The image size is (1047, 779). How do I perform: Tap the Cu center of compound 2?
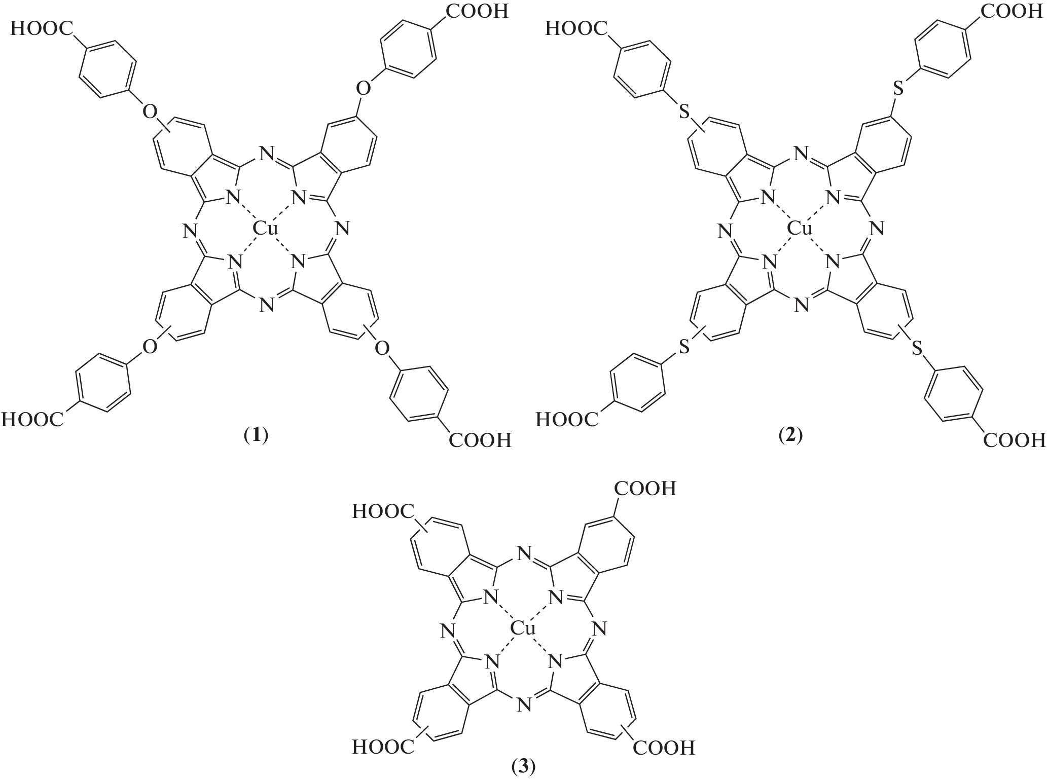(800, 229)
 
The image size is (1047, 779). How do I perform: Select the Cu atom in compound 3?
(523, 629)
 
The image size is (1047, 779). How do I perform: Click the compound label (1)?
(256, 435)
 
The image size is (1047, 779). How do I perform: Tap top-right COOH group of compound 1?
(477, 11)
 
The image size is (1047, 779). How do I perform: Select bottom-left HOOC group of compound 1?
(33, 419)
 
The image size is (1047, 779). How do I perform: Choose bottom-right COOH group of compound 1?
(480, 439)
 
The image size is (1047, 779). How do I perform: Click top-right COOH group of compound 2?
(1012, 11)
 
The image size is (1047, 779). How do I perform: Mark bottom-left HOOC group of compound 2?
(568, 419)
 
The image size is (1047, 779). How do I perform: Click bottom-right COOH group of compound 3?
(663, 747)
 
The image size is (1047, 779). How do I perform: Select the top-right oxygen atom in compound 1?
(363, 89)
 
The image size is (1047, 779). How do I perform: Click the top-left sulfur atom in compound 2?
(684, 112)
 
